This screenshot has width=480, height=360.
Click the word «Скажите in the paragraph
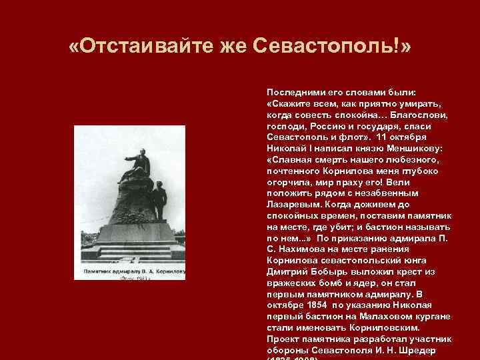pyautogui.click(x=288, y=105)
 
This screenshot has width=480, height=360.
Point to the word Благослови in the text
pyautogui.click(x=424, y=116)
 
